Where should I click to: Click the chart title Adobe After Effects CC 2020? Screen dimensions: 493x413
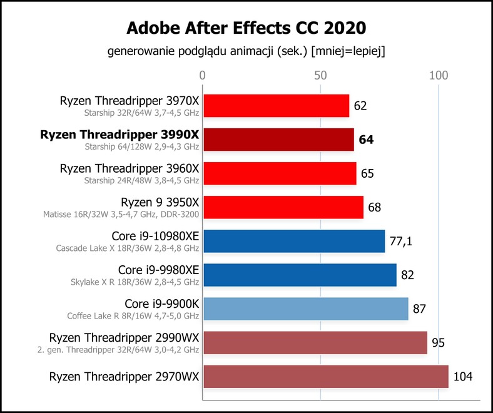pyautogui.click(x=246, y=28)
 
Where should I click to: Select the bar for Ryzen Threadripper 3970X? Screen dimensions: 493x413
pyautogui.click(x=277, y=106)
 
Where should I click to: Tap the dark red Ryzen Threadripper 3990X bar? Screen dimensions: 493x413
pyautogui.click(x=279, y=140)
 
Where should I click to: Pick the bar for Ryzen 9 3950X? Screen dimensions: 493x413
pyautogui.click(x=283, y=207)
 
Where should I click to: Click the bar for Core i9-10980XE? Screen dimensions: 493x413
pyautogui.click(x=294, y=241)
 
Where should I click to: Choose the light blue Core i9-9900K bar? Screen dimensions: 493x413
pyautogui.click(x=306, y=309)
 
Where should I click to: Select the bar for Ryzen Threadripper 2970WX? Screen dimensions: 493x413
pyautogui.click(x=326, y=377)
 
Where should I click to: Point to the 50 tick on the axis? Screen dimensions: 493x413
pyautogui.click(x=320, y=76)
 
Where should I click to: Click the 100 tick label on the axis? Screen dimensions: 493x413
pyautogui.click(x=439, y=76)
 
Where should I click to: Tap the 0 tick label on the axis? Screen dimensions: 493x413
pyautogui.click(x=203, y=76)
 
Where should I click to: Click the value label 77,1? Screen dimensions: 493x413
pyautogui.click(x=401, y=242)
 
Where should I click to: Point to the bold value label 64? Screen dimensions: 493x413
pyautogui.click(x=366, y=140)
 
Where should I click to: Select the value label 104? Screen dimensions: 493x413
pyautogui.click(x=463, y=377)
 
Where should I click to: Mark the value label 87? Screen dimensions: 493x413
pyautogui.click(x=419, y=309)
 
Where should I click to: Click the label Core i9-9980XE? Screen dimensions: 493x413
pyautogui.click(x=158, y=270)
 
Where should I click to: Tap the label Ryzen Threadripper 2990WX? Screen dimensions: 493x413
pyautogui.click(x=125, y=338)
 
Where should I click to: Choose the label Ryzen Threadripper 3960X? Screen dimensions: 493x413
pyautogui.click(x=130, y=168)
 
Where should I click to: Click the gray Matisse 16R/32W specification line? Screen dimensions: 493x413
pyautogui.click(x=121, y=215)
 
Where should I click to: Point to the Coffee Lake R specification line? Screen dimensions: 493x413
pyautogui.click(x=133, y=316)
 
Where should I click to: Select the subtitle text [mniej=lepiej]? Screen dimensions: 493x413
pyautogui.click(x=348, y=51)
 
